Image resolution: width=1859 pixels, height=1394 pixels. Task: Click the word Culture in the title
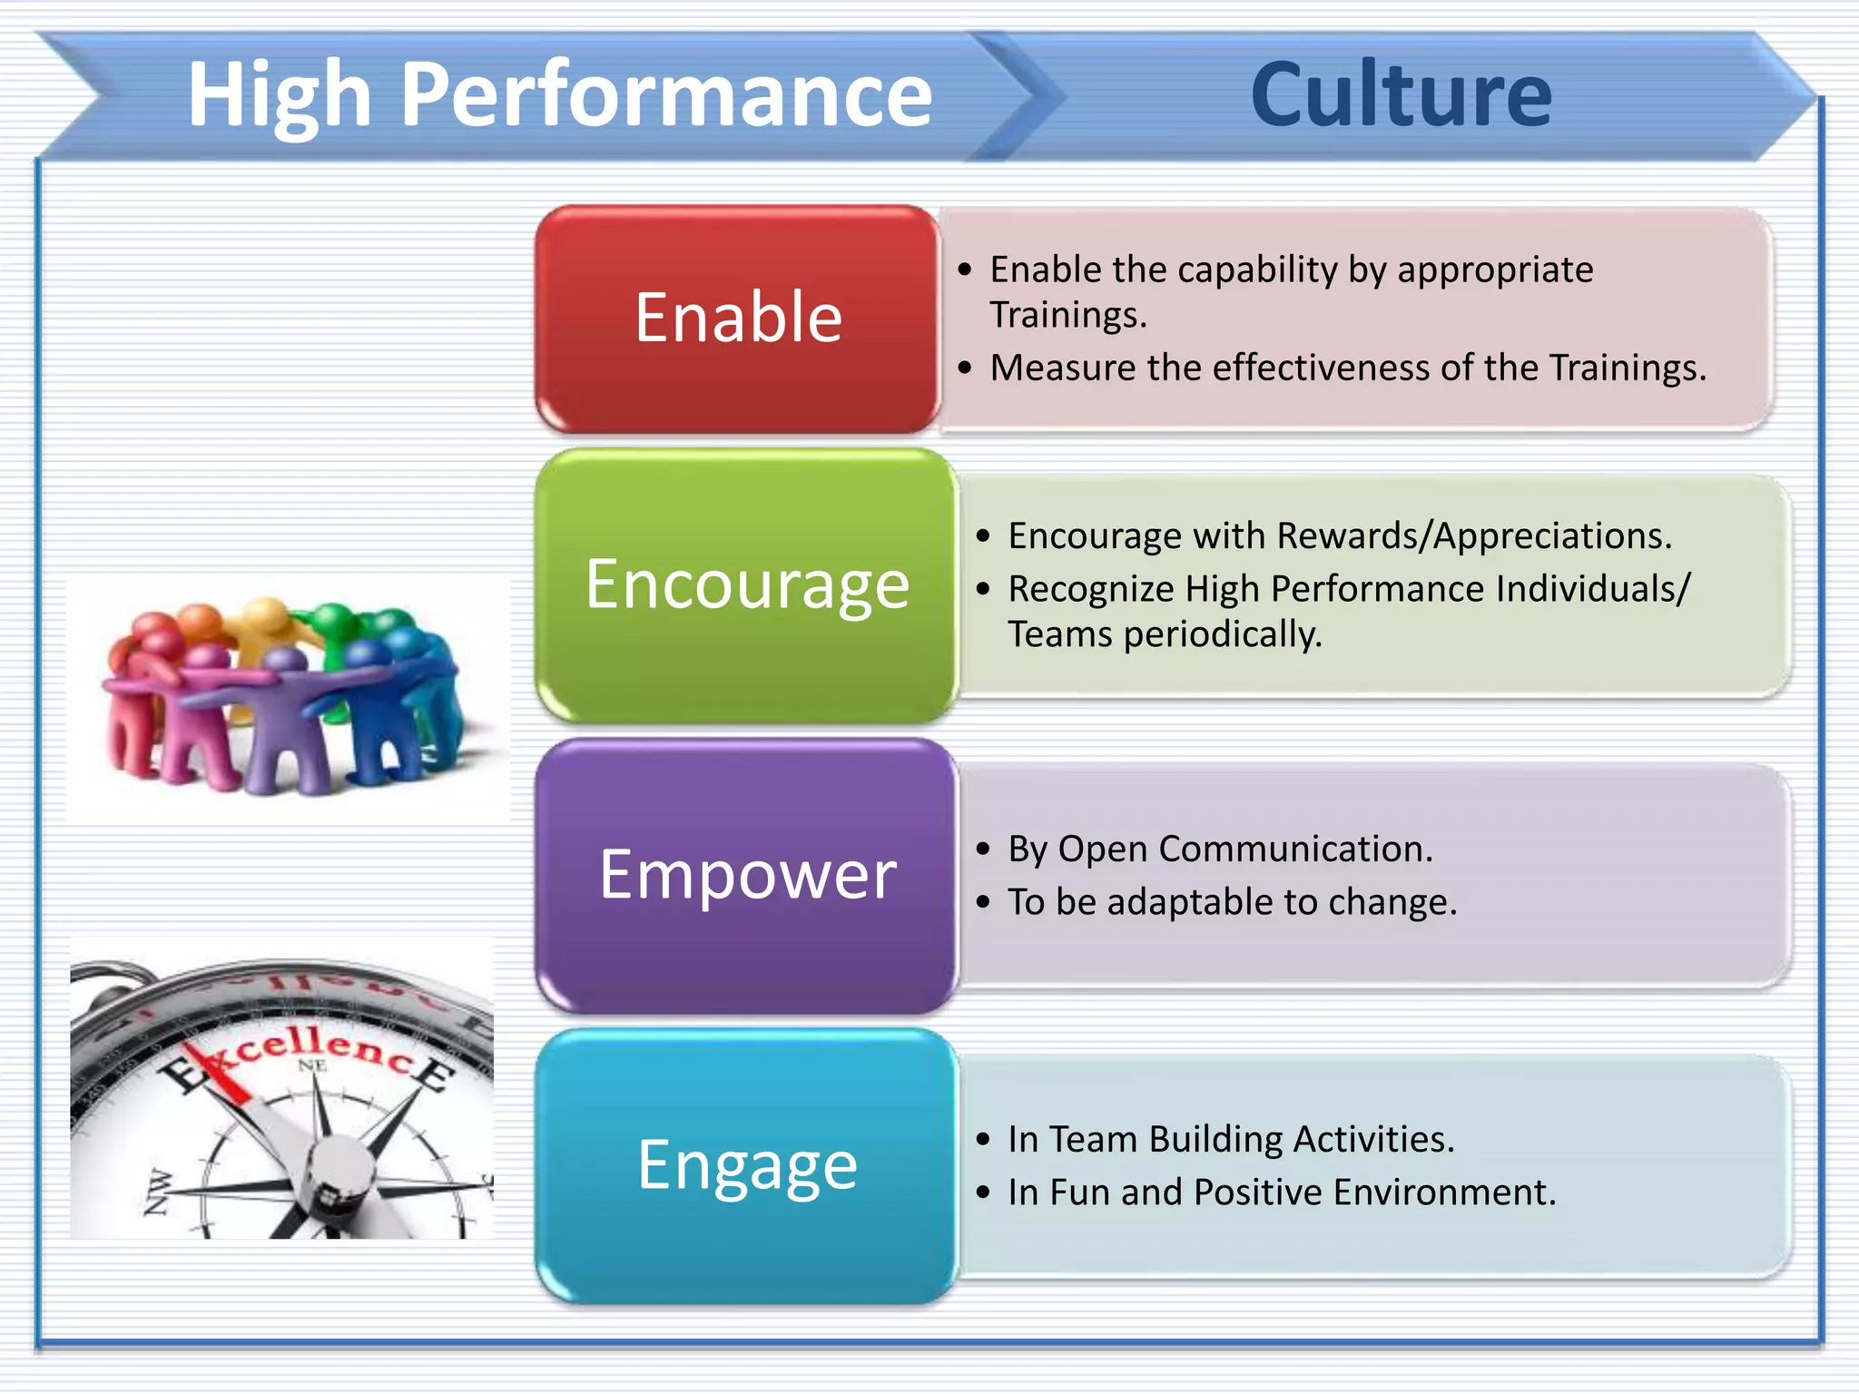(1401, 94)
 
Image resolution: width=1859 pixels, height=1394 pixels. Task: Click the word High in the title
(280, 96)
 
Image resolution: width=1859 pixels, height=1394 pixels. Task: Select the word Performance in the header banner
(665, 96)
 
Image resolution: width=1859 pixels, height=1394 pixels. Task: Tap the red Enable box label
(738, 318)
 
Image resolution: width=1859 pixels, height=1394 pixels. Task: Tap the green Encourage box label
(747, 584)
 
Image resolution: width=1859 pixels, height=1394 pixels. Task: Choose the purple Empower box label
(747, 875)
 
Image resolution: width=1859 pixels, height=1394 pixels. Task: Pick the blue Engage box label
(747, 1165)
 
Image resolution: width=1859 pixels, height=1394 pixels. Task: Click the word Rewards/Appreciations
(1474, 536)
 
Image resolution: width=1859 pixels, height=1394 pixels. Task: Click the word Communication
(1295, 849)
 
